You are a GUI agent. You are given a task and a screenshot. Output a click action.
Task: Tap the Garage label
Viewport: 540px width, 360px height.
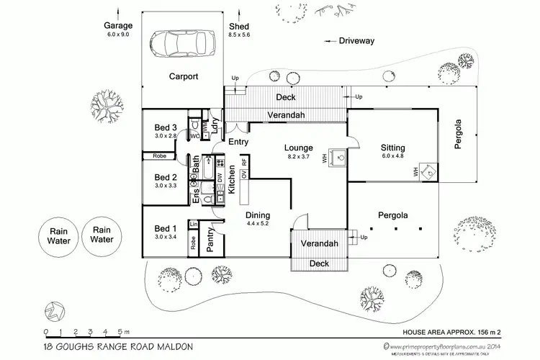118,27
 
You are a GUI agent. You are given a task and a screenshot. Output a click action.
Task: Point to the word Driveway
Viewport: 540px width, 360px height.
356,41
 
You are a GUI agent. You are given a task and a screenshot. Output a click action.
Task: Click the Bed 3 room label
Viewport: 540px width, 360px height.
166,128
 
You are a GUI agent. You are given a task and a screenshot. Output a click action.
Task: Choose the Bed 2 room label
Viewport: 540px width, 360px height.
166,177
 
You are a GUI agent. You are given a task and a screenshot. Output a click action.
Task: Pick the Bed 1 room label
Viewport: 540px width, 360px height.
166,229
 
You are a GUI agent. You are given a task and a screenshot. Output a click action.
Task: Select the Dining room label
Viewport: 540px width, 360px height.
257,215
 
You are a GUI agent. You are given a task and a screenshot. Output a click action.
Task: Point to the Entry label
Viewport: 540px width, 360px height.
238,142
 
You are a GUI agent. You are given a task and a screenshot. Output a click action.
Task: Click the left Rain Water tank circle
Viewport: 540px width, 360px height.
59,236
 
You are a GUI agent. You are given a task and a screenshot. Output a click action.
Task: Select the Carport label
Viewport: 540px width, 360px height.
183,76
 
